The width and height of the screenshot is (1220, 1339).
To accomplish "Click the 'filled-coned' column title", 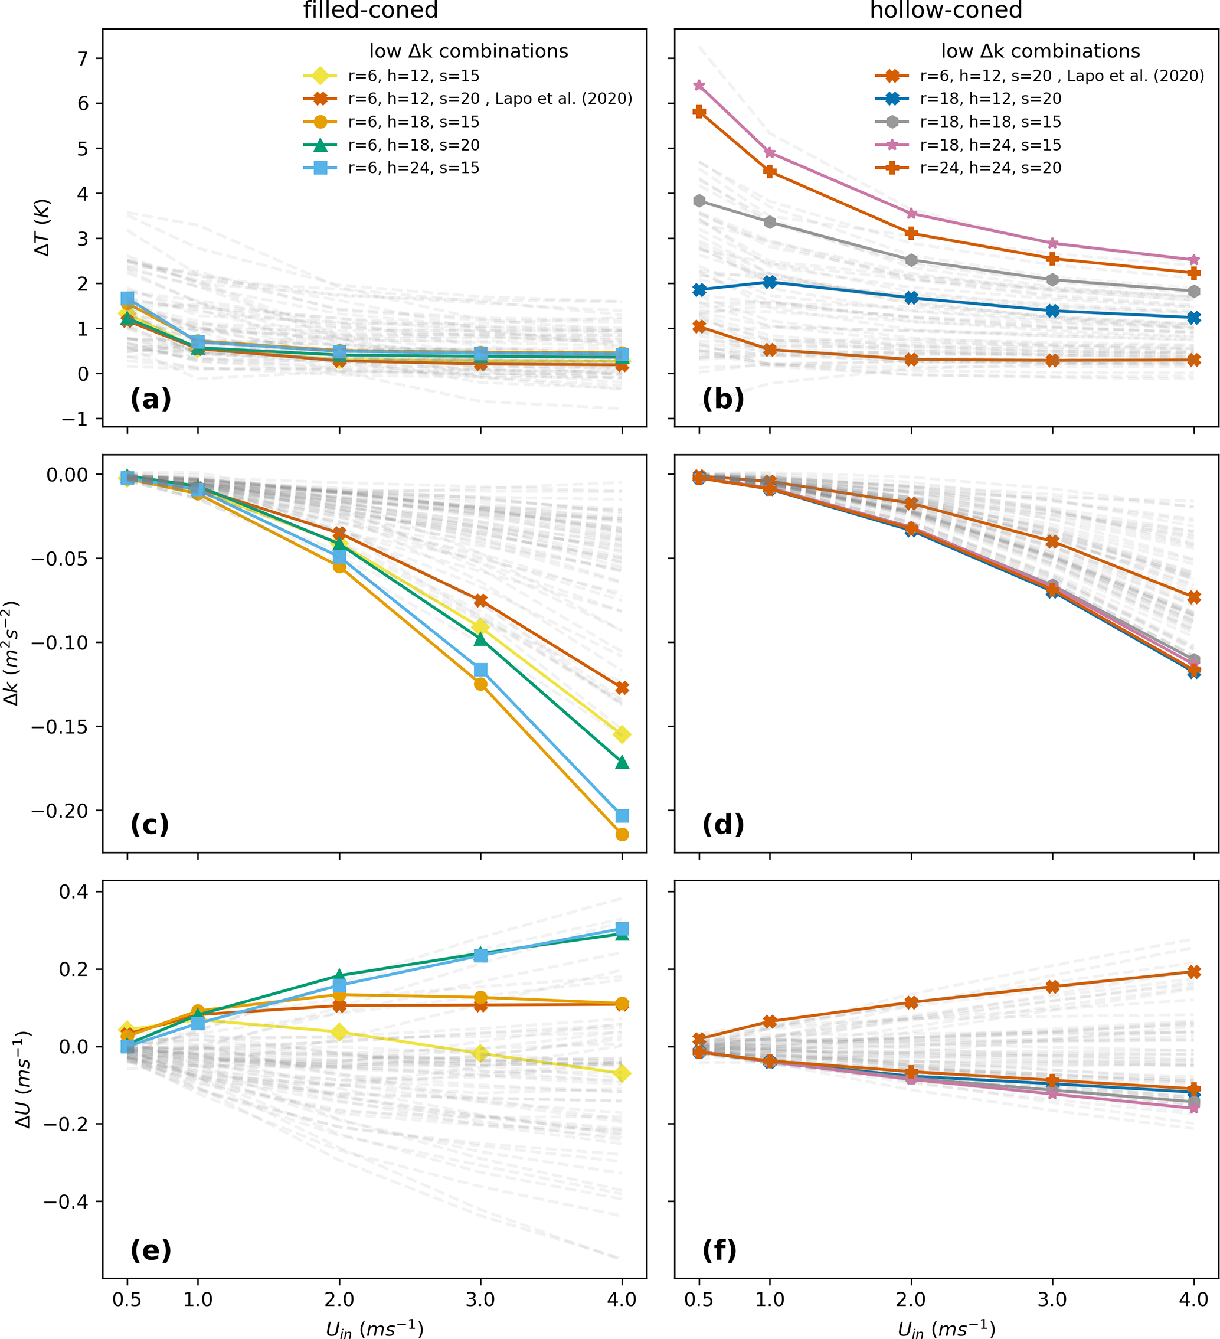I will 371,11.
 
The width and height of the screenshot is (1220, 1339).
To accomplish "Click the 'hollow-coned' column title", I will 946,11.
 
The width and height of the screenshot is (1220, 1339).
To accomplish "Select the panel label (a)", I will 151,399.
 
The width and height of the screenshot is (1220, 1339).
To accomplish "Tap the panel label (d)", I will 723,824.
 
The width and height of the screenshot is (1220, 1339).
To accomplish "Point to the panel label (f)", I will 720,1250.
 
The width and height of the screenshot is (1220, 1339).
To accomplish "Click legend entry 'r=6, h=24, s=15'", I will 413,168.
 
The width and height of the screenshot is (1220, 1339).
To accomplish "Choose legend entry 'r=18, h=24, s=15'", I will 990,145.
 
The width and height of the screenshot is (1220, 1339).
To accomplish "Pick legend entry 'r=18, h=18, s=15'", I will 990,122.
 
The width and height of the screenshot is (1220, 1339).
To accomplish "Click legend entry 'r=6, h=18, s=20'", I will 413,145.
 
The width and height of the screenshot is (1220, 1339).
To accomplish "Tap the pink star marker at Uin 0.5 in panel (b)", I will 699,86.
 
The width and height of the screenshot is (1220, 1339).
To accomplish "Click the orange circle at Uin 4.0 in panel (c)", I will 622,834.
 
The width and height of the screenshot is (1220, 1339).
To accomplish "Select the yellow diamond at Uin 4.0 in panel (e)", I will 622,1074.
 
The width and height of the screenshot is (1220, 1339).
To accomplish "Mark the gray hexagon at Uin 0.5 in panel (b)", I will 699,201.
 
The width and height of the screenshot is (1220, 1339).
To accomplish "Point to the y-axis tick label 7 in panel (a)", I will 83,58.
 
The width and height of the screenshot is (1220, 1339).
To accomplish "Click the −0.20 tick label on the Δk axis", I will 60,811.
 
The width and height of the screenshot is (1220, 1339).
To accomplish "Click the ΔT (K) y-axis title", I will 43,228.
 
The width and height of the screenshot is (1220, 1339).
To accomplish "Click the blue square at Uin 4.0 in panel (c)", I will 622,816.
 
